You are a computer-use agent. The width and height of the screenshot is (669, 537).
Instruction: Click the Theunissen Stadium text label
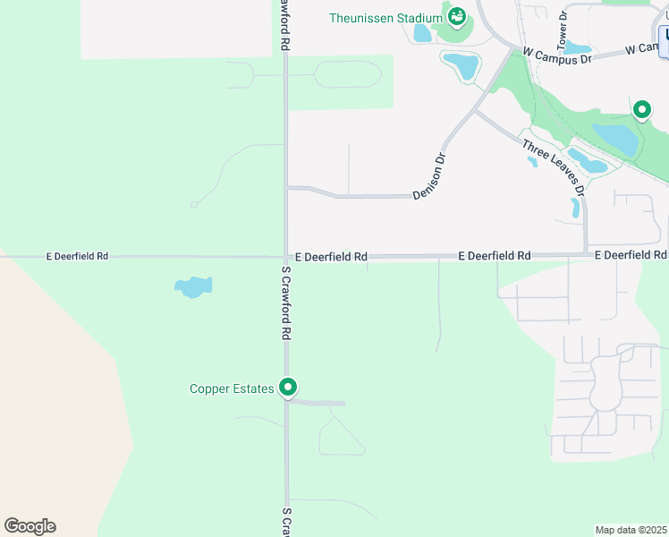point(385,18)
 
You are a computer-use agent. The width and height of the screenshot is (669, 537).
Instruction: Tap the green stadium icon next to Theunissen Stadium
point(457,16)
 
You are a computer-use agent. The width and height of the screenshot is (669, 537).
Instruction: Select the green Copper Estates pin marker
point(288,388)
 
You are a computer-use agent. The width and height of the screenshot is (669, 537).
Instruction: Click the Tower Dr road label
point(563,29)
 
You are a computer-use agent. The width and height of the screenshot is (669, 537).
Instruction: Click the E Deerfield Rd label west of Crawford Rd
point(77,256)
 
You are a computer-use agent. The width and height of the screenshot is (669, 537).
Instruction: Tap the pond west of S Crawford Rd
point(193,287)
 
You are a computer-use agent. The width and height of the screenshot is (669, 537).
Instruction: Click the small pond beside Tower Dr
point(578,47)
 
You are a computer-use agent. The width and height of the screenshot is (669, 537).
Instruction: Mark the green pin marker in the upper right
point(641,110)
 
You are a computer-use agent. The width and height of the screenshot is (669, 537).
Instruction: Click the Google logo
point(30,526)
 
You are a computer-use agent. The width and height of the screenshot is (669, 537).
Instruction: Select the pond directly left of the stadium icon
point(422,33)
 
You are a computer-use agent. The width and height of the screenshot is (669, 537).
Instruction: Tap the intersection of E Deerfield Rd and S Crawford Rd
point(286,257)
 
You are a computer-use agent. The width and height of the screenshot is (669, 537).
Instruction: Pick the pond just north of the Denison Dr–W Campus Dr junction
point(462,64)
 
